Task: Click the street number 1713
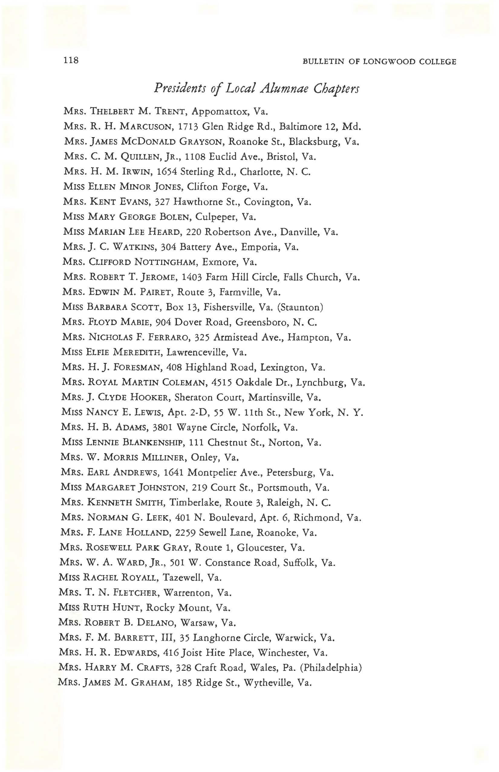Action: (188, 127)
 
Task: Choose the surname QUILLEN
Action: (140, 157)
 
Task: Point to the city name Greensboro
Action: (262, 322)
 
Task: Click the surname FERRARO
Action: (168, 338)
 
